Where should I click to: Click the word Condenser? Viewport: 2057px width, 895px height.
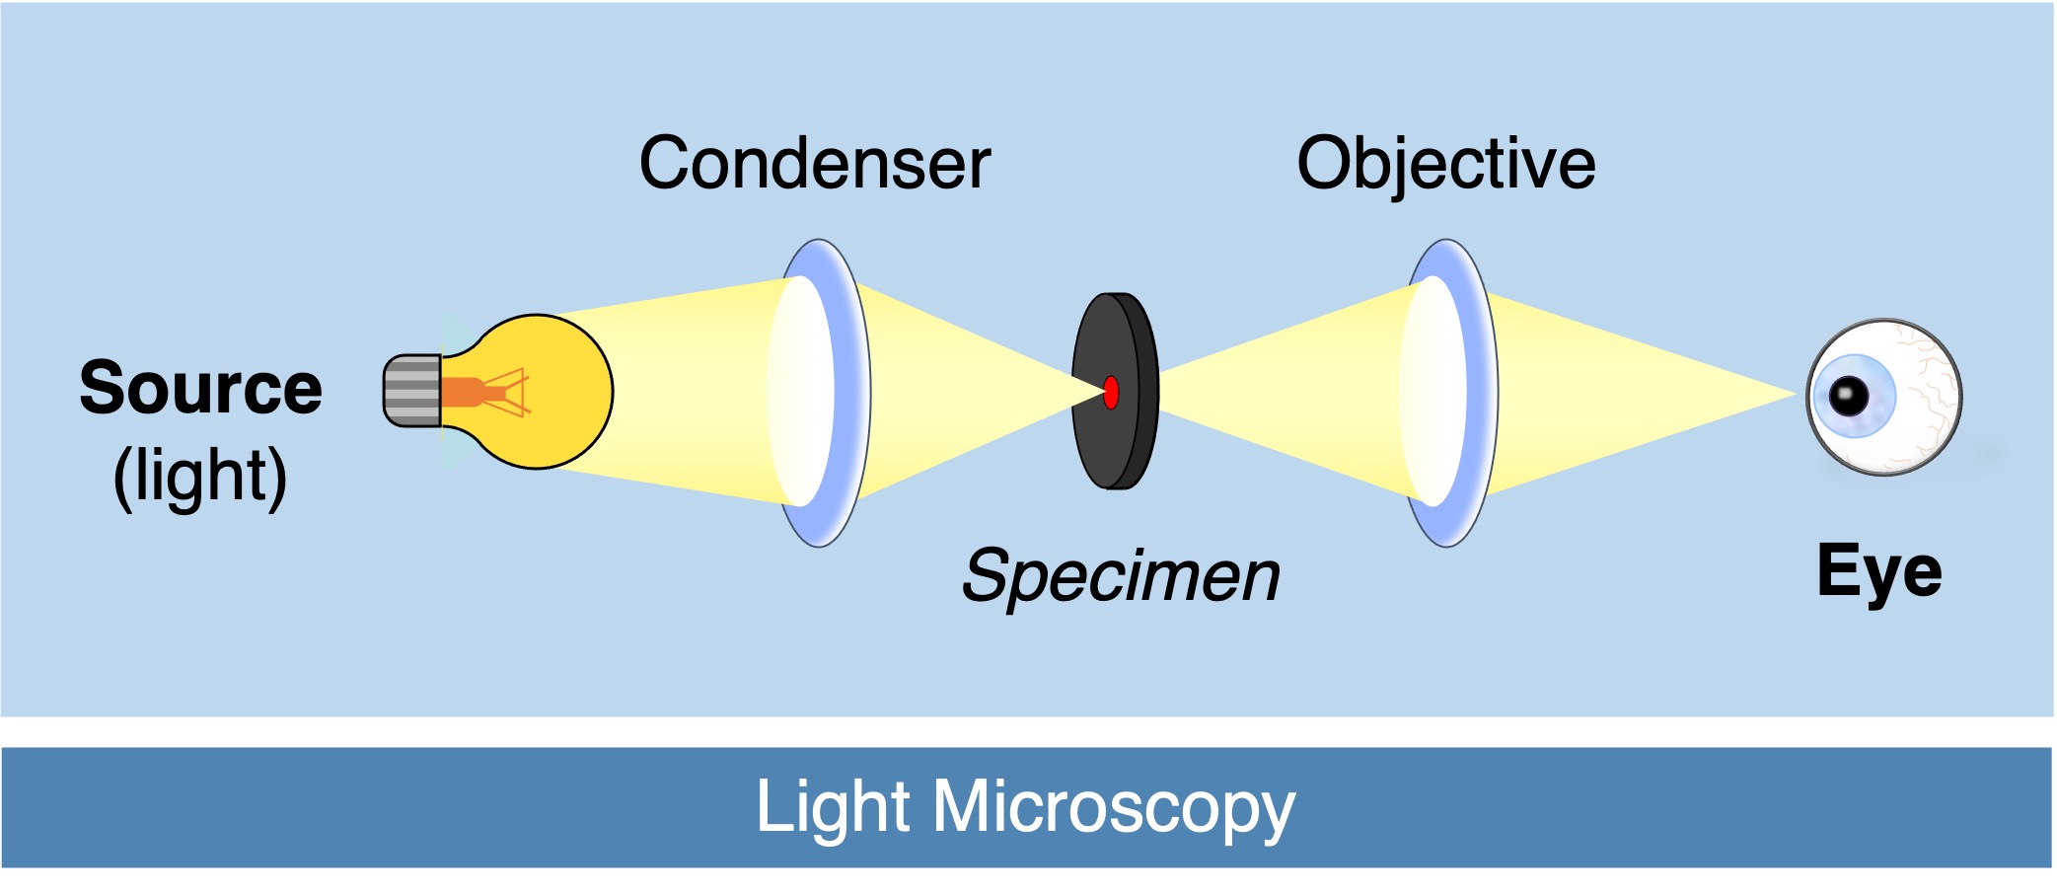coord(814,164)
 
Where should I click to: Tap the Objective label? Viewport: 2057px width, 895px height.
coord(1445,164)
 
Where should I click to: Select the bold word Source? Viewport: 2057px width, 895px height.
coord(200,388)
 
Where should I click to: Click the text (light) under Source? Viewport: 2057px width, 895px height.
coord(200,477)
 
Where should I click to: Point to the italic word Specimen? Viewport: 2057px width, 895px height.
coord(1121,576)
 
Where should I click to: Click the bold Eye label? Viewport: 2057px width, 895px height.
coord(1879,572)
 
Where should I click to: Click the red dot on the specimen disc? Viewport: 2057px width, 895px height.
coord(1111,392)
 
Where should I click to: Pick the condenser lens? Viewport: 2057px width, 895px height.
coord(819,393)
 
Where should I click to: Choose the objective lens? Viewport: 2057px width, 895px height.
coord(1448,393)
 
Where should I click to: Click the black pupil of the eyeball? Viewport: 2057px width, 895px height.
coord(1848,396)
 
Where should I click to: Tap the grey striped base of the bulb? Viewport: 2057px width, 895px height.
coord(412,391)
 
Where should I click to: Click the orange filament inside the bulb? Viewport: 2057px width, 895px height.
coord(474,392)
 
